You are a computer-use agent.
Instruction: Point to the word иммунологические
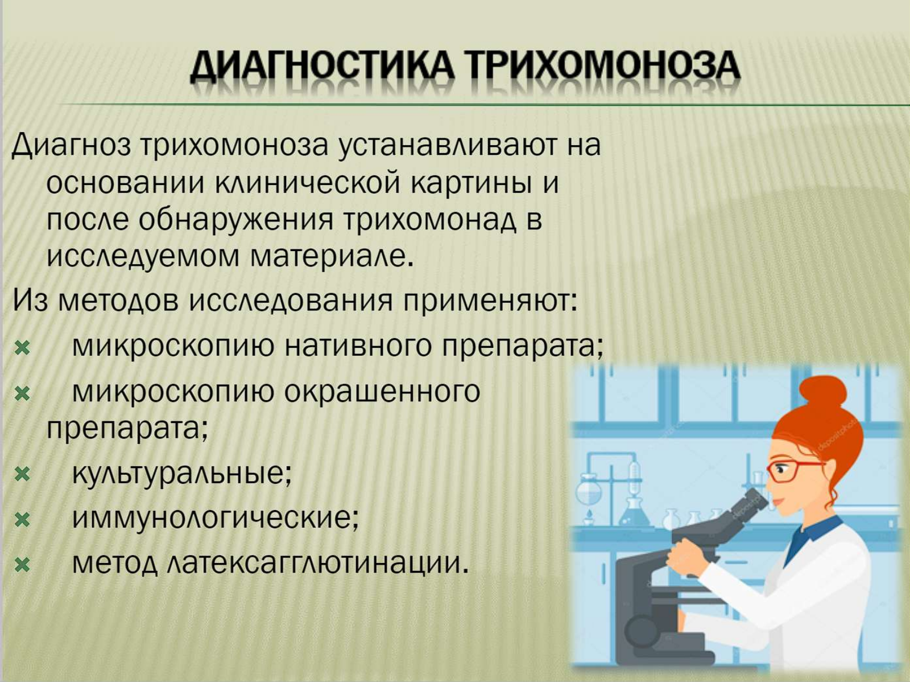pos(216,519)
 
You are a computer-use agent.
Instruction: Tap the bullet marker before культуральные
pos(22,474)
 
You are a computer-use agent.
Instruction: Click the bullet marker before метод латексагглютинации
pos(22,565)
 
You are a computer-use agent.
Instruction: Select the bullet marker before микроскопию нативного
pos(22,348)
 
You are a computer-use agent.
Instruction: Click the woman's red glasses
pos(792,471)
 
